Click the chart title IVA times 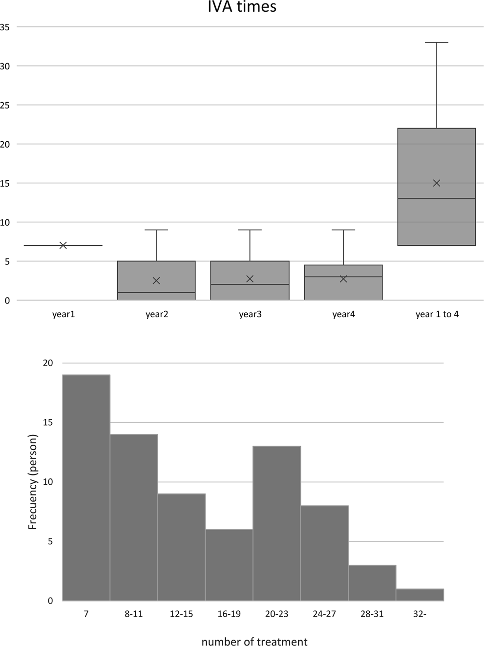pyautogui.click(x=242, y=7)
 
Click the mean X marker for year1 pyautogui.click(x=63, y=245)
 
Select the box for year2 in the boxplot pyautogui.click(x=156, y=280)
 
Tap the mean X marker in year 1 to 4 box pyautogui.click(x=437, y=183)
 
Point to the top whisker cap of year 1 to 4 pyautogui.click(x=437, y=43)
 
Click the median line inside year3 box pyautogui.click(x=250, y=284)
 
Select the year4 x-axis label pyautogui.click(x=343, y=314)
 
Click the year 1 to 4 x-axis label pyautogui.click(x=437, y=314)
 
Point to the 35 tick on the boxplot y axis pyautogui.click(x=5, y=27)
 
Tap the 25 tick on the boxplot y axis pyautogui.click(x=5, y=105)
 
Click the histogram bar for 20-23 pyautogui.click(x=276, y=523)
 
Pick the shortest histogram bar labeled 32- pyautogui.click(x=420, y=595)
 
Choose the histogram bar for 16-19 pyautogui.click(x=229, y=565)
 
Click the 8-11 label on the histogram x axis pyautogui.click(x=133, y=614)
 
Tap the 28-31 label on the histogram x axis pyautogui.click(x=372, y=614)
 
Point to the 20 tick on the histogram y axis pyautogui.click(x=48, y=363)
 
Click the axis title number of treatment pyautogui.click(x=254, y=642)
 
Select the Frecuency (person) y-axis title pyautogui.click(x=33, y=482)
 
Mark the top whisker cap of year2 pyautogui.click(x=156, y=230)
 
